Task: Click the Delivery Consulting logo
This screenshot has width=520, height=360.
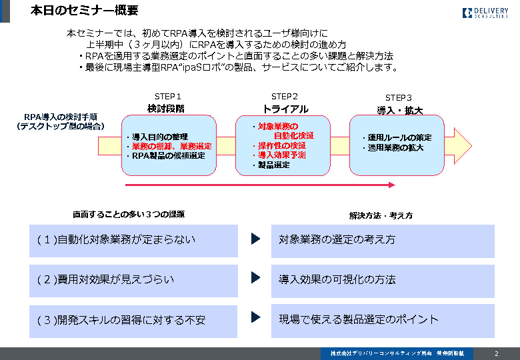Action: [x=485, y=12]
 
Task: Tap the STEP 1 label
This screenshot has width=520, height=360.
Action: [x=167, y=97]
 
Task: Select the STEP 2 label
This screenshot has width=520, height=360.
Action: [x=285, y=97]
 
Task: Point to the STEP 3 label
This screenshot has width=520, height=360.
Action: [x=399, y=98]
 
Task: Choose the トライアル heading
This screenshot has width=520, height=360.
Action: [x=285, y=109]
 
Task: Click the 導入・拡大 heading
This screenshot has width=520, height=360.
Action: [x=400, y=110]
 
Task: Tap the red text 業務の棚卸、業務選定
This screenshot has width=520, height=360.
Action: [x=171, y=147]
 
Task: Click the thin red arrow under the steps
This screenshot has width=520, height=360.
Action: [x=260, y=185]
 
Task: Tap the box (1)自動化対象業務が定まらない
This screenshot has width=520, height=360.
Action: [x=133, y=240]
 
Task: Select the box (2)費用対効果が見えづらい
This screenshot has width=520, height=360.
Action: [x=133, y=280]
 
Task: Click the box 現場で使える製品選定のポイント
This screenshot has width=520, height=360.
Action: [x=383, y=320]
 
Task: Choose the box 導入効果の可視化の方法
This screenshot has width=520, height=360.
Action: [x=383, y=280]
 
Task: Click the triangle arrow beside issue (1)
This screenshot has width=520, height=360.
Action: [x=255, y=239]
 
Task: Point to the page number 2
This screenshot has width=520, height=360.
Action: [x=496, y=353]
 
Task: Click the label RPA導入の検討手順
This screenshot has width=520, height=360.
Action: [x=61, y=117]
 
